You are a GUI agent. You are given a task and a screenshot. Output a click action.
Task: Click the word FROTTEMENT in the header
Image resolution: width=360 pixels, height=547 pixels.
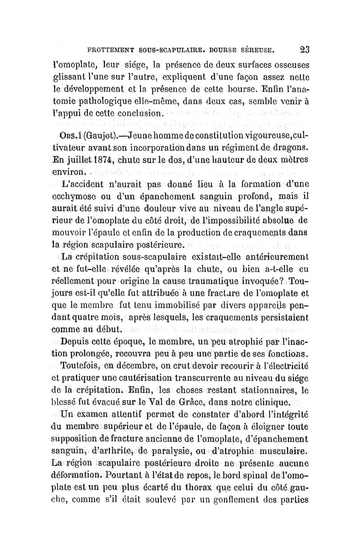(108, 49)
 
